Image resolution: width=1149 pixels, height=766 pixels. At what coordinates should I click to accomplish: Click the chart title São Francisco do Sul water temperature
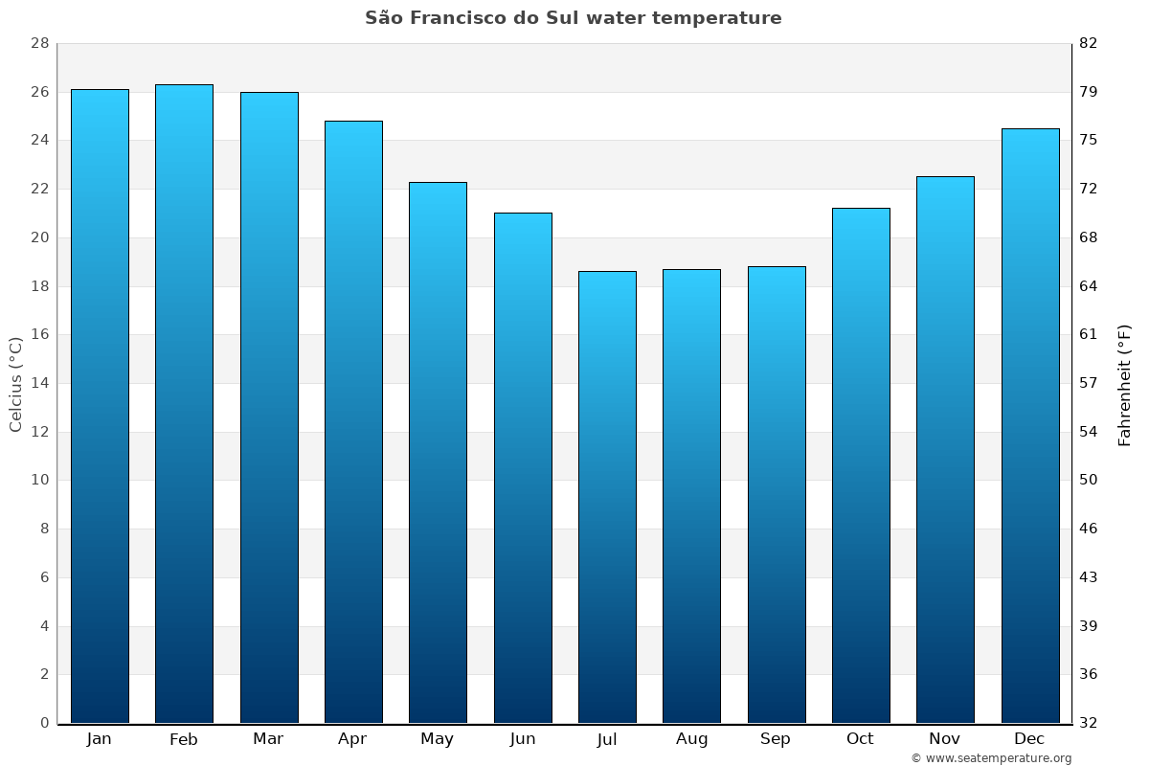coord(573,18)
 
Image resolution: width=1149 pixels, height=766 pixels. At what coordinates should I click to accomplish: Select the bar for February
coord(184,403)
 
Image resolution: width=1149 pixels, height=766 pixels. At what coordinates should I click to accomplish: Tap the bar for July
coord(607,497)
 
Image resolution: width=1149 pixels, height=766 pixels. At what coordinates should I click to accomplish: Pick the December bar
coord(1029,425)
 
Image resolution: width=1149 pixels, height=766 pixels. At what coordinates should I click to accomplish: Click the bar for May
coord(438,452)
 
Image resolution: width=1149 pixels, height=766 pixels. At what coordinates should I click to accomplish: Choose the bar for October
coord(861,465)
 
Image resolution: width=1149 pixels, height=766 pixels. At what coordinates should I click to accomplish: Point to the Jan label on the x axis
coord(100,739)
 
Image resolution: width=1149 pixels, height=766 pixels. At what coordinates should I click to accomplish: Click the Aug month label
coord(691,739)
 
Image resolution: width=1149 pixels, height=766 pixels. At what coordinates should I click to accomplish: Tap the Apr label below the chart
coord(352,739)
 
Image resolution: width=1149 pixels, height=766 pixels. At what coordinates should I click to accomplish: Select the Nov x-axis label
coord(945,739)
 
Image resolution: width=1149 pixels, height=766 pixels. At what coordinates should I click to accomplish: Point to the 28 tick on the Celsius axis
coord(39,44)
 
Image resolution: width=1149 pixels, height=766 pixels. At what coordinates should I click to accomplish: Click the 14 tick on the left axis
coord(39,383)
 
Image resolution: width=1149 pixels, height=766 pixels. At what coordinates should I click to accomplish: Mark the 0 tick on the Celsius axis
coord(44,723)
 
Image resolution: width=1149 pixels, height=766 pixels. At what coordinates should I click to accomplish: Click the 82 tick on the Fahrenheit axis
coord(1089,44)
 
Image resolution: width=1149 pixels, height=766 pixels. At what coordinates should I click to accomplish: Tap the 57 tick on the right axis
coord(1089,383)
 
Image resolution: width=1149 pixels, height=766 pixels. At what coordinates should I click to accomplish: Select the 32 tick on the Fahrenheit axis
coord(1089,723)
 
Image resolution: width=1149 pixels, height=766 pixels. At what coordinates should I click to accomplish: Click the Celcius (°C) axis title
coord(15,384)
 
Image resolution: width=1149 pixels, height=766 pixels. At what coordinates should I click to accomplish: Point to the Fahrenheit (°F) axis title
coord(1125,384)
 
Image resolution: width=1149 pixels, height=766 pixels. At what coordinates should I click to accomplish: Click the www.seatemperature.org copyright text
coord(991,758)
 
